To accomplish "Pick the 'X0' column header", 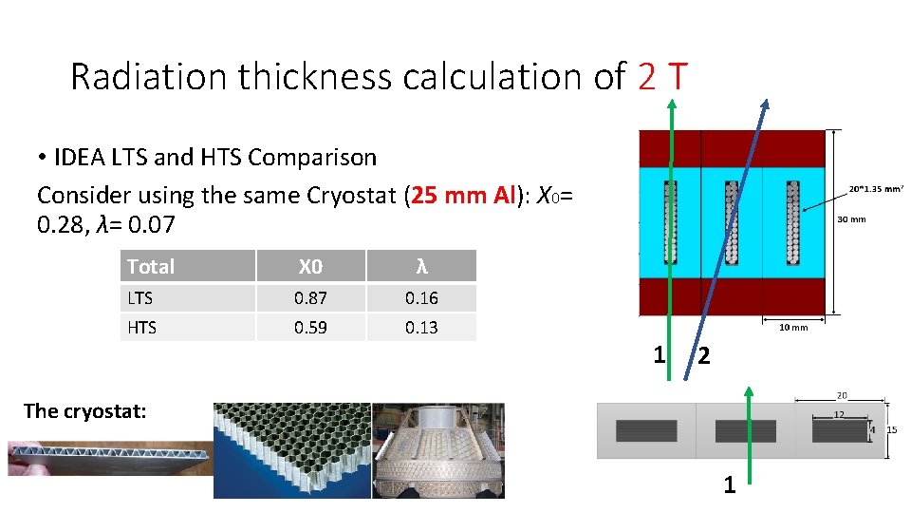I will pos(310,266).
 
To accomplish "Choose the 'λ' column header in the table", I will pos(421,266).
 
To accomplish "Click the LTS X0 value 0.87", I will pos(310,298).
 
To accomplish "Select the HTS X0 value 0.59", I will pos(310,328).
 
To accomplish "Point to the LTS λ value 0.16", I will pos(421,298).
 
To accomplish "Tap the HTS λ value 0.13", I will pos(421,328).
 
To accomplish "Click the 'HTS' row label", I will pos(141,328).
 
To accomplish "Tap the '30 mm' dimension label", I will pos(851,219).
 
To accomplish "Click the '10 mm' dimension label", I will pos(793,328).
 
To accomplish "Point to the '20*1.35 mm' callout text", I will pos(875,188).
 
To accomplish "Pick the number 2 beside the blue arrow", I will pos(703,357).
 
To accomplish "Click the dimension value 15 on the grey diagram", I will pos(891,429).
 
